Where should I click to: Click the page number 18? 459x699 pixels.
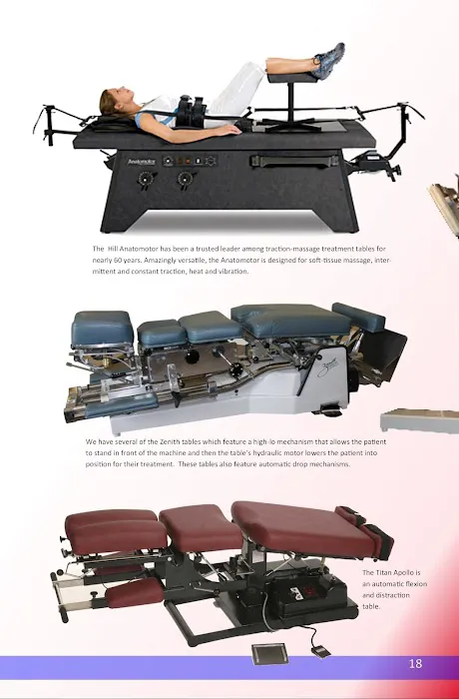[415, 663]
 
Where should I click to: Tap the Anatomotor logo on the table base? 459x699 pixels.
[142, 162]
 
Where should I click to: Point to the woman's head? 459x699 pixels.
[115, 102]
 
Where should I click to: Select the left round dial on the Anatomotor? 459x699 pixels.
[146, 179]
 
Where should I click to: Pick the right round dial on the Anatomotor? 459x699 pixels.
[185, 179]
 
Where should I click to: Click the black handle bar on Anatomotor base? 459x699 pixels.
[294, 160]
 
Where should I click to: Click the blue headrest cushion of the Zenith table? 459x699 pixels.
[102, 329]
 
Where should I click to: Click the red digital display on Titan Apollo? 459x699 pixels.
[309, 591]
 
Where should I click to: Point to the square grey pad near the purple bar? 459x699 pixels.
[269, 653]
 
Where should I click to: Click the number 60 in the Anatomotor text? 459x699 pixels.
[117, 260]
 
